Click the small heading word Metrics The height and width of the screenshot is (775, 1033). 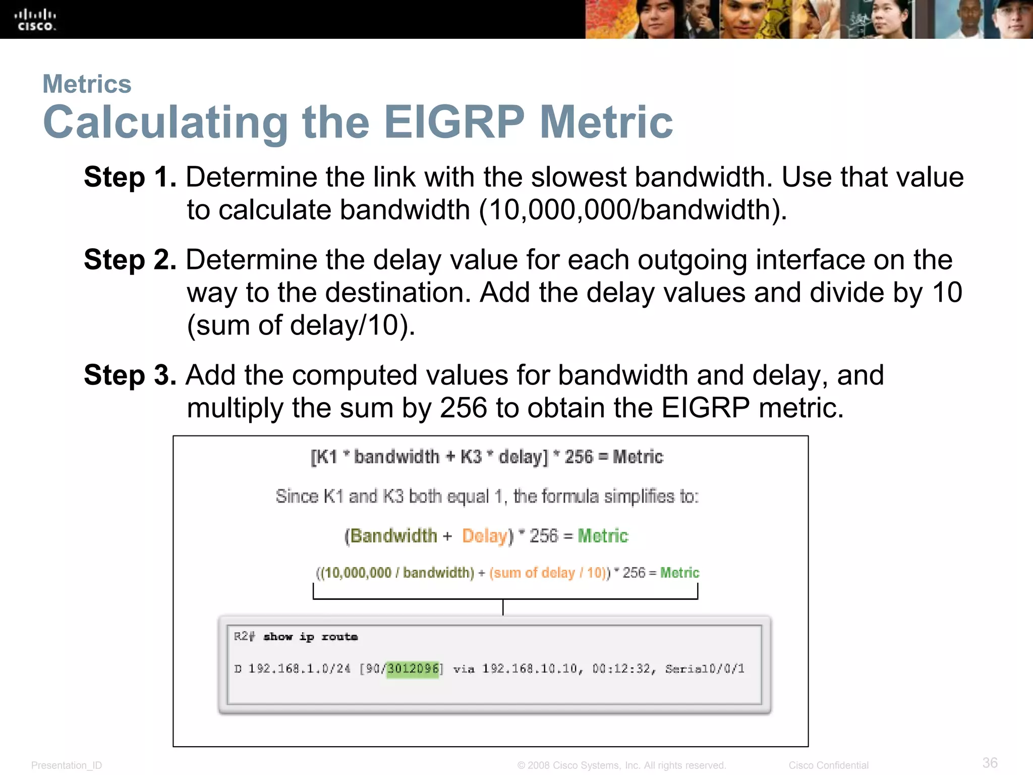[87, 84]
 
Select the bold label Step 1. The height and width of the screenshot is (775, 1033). [130, 178]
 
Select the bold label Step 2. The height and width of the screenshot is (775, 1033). [130, 260]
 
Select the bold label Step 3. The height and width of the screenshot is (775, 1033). [130, 376]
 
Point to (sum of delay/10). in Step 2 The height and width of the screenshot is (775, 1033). [301, 325]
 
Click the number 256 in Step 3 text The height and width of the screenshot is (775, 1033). [463, 408]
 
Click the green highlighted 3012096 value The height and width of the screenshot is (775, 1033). [413, 669]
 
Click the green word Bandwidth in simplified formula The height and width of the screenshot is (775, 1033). [393, 536]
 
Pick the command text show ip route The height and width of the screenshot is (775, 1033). [310, 637]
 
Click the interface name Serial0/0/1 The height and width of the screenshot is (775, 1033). [705, 669]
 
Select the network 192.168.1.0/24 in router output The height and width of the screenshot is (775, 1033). [299, 669]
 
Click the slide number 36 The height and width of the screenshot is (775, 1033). [990, 762]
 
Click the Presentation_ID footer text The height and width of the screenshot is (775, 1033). [67, 765]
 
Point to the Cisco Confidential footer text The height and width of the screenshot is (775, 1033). [828, 765]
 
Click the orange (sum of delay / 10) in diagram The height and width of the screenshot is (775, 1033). [548, 573]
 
